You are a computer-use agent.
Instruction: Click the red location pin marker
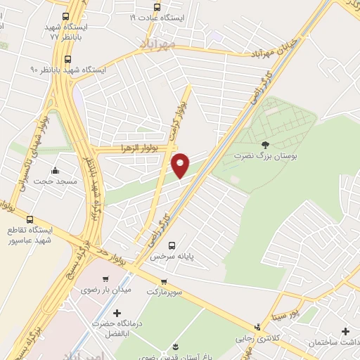(x=181, y=165)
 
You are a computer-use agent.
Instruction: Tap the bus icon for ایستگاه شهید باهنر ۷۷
(x=66, y=17)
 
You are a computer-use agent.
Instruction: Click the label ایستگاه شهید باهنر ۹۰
(x=67, y=70)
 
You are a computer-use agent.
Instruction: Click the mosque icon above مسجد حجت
(x=55, y=171)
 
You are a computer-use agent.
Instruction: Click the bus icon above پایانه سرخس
(x=172, y=245)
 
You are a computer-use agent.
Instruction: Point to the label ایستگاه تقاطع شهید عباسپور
(x=30, y=236)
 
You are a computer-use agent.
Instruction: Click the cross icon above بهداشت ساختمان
(x=345, y=330)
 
